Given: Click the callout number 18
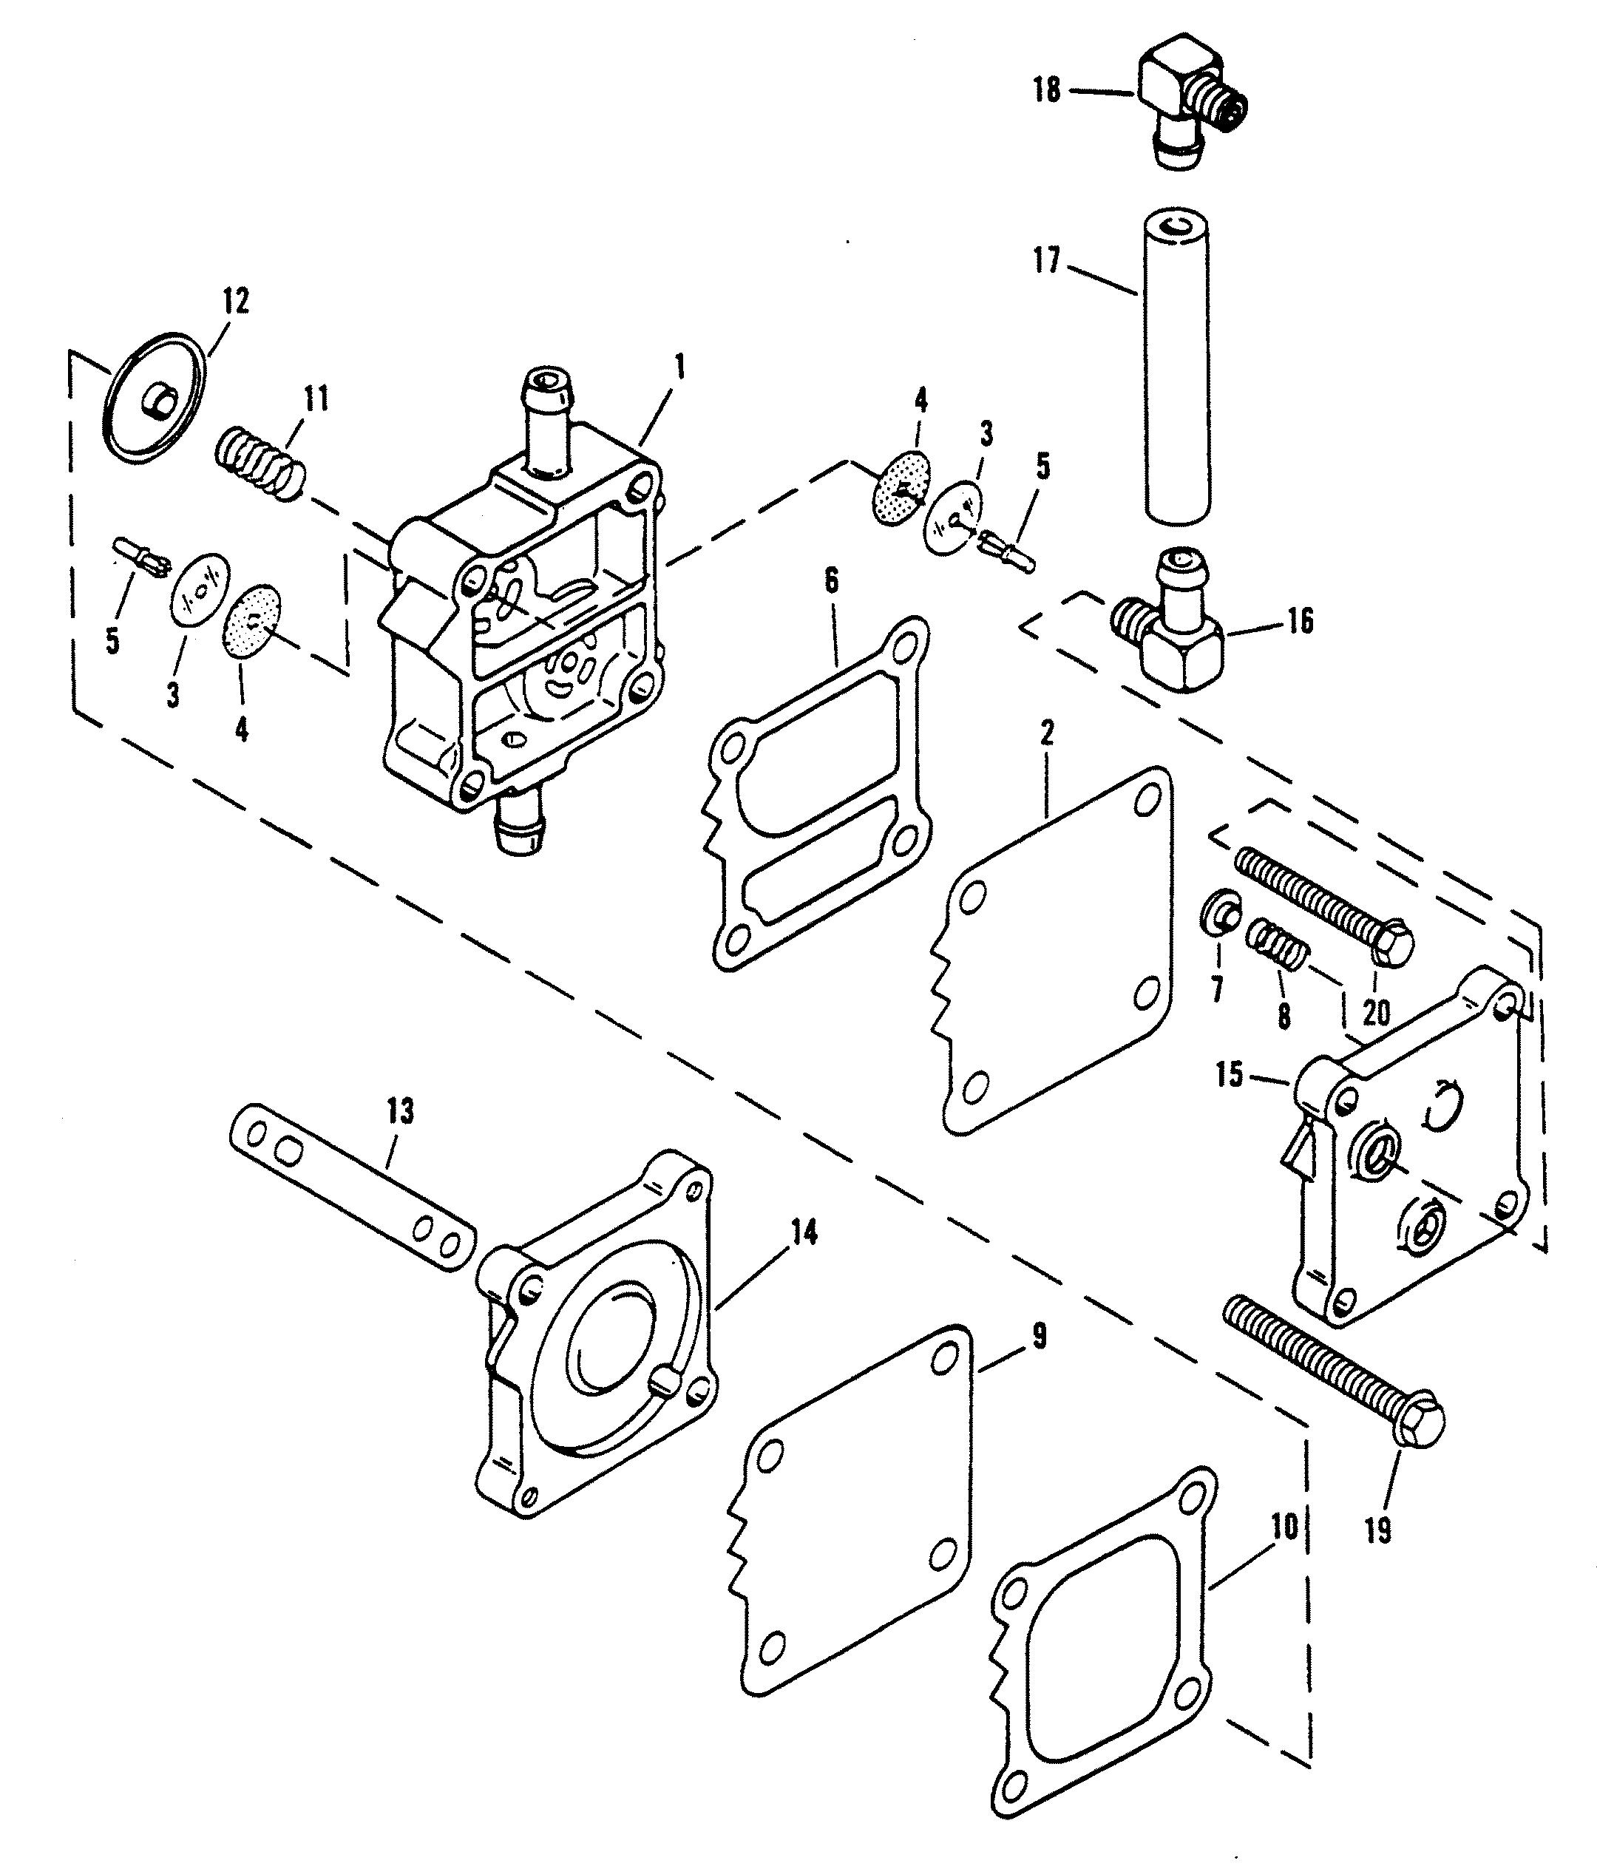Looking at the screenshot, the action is [1047, 91].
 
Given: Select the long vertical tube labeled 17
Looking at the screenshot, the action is [1176, 368].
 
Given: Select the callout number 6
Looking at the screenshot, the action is [830, 582].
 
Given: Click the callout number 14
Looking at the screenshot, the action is [804, 1233].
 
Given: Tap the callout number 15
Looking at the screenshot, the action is [1230, 1073].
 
